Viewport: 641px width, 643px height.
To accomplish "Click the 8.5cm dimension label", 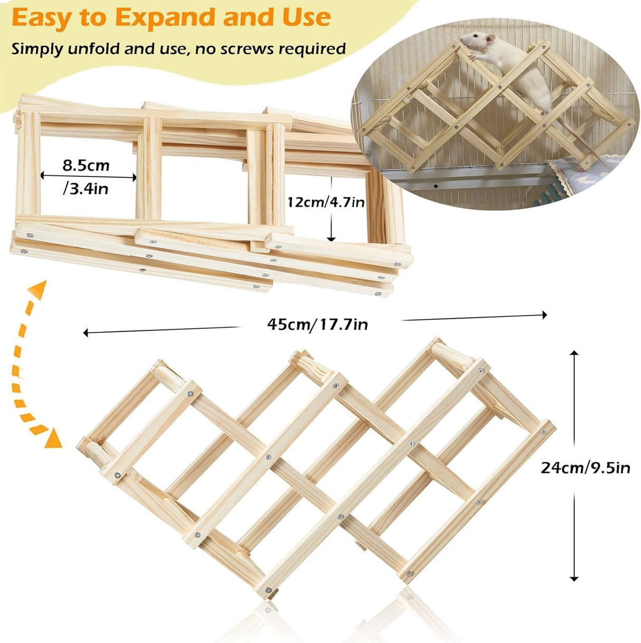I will point(86,165).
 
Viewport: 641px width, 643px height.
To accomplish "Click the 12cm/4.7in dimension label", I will point(326,201).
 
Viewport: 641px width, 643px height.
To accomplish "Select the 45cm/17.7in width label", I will point(317,323).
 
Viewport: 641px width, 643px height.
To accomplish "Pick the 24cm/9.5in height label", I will point(585,467).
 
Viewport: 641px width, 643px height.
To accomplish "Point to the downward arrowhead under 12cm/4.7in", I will point(331,238).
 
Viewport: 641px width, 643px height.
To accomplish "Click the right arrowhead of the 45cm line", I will point(544,315).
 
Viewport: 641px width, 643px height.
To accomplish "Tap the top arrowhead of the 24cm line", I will point(574,352).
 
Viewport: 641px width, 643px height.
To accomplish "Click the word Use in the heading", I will point(306,17).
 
